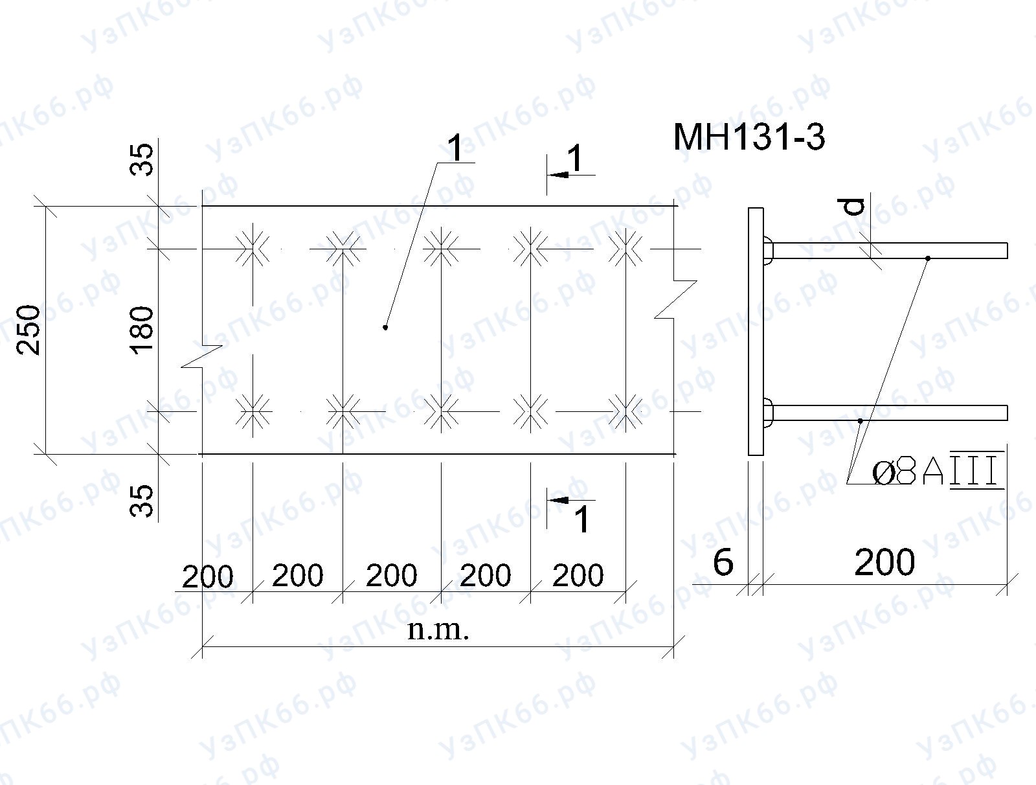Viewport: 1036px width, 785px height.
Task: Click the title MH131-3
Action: (749, 137)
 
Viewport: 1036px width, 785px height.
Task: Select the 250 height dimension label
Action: (28, 330)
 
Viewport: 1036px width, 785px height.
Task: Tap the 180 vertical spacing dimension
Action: (142, 330)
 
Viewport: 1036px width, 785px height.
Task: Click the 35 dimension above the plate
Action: (142, 159)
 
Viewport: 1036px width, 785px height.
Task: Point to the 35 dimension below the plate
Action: (142, 501)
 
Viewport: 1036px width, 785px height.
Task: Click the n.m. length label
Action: (438, 630)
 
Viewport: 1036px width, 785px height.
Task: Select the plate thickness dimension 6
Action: (723, 562)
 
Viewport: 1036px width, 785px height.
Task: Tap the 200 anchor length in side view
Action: (884, 562)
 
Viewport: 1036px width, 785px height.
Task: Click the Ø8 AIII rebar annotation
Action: (937, 470)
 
